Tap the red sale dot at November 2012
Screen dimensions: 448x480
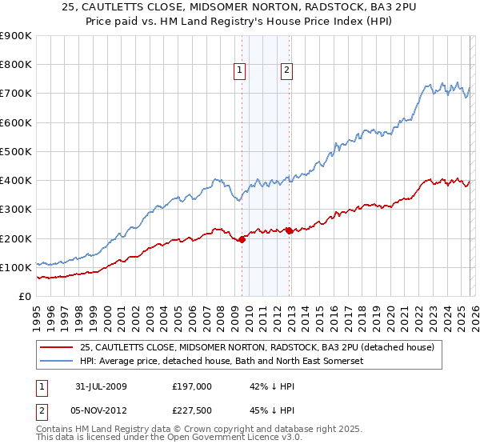click(x=288, y=230)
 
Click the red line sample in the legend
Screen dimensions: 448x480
click(x=57, y=347)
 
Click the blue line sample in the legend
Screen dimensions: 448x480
click(x=57, y=362)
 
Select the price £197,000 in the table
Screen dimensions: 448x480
click(x=192, y=386)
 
